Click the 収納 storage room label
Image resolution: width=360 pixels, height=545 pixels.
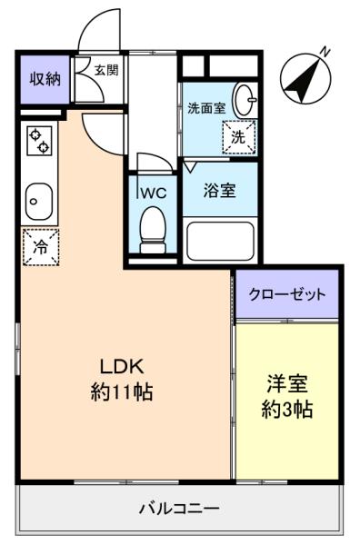click(x=45, y=79)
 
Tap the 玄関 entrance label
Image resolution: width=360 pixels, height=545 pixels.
click(x=106, y=70)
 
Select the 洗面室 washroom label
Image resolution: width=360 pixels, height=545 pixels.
click(x=206, y=108)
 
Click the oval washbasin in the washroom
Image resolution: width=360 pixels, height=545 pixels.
click(x=245, y=100)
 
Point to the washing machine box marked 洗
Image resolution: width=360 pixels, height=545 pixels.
click(x=239, y=137)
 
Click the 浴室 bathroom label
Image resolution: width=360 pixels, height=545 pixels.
click(x=219, y=191)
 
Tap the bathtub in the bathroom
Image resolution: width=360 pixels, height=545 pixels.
click(x=220, y=242)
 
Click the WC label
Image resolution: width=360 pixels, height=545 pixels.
click(x=154, y=193)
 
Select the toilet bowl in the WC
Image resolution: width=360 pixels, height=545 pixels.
click(x=153, y=230)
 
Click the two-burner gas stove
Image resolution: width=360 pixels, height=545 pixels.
click(x=39, y=141)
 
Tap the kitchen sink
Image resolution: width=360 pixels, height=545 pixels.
click(x=39, y=202)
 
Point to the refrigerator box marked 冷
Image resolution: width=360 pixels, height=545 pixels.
click(x=41, y=247)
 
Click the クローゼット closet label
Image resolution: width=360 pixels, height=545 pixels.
click(x=287, y=294)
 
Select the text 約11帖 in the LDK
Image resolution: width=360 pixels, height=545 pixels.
click(x=122, y=392)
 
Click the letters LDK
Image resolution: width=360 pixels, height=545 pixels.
click(x=122, y=367)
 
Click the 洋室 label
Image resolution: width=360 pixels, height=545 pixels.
click(x=287, y=383)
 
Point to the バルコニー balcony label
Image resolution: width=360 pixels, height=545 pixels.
click(x=179, y=509)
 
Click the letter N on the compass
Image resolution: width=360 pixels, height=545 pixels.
click(x=325, y=52)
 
